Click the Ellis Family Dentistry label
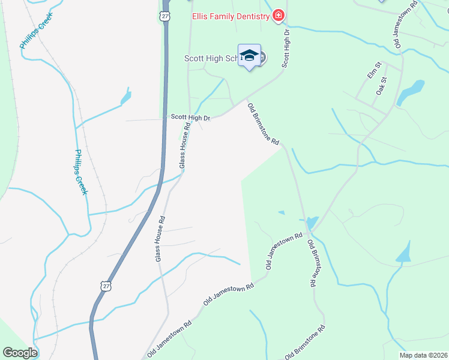pos(231,16)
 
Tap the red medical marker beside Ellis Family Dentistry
pos(278,16)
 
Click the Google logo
pos(20,353)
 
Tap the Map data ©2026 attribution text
pos(423,355)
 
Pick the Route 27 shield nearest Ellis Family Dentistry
pos(165,16)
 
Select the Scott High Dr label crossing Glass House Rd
pos(190,118)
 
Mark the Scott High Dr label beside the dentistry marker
pos(286,46)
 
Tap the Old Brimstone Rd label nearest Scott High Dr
pos(264,124)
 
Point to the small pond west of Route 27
pos(125,97)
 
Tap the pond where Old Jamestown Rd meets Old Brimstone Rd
pos(312,223)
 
